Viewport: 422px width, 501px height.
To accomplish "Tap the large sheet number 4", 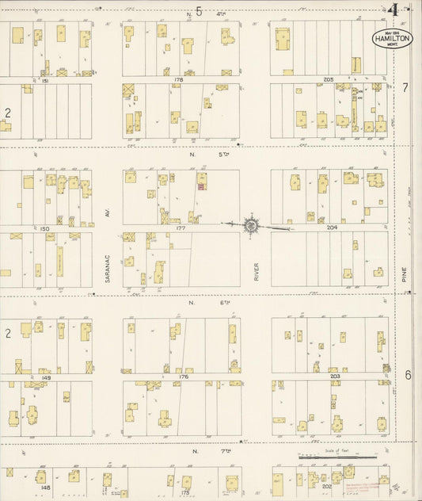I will click(393, 10).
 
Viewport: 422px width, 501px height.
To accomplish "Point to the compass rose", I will click(251, 225).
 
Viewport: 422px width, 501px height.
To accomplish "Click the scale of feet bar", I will click(337, 457).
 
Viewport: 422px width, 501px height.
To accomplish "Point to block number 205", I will click(329, 80).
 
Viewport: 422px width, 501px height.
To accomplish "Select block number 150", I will click(45, 228).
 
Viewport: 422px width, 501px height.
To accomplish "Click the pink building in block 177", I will click(201, 187).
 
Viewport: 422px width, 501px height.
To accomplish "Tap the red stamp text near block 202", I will click(355, 479).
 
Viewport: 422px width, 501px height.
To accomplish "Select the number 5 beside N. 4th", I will click(200, 12).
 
